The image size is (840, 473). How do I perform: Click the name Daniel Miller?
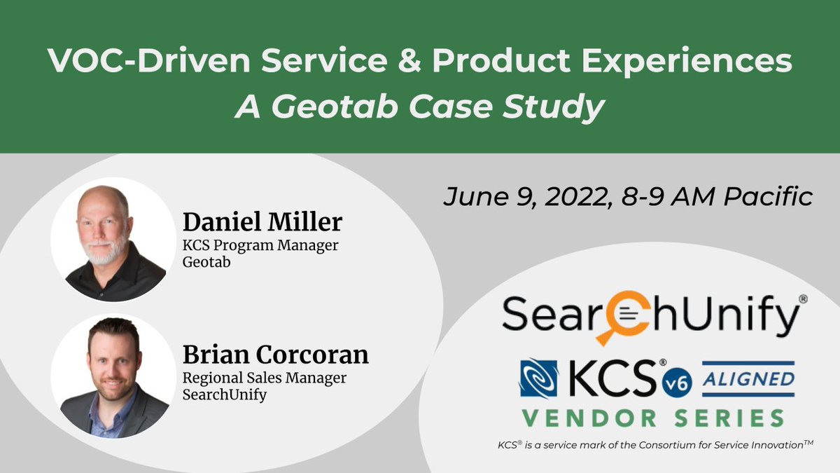[262, 222]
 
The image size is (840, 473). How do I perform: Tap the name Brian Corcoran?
[275, 354]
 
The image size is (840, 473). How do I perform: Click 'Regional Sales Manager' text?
[265, 378]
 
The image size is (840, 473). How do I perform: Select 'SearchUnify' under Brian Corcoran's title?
[219, 394]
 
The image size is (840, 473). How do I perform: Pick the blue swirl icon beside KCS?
[538, 378]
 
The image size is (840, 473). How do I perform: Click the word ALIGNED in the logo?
[748, 378]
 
